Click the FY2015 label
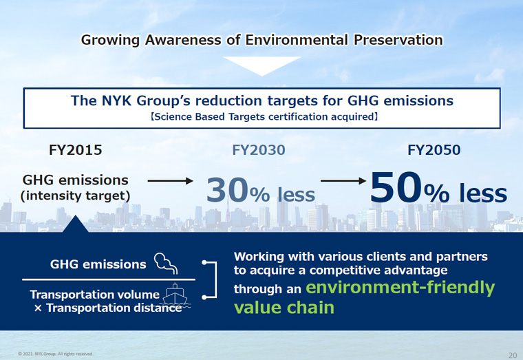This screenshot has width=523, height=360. click(76, 150)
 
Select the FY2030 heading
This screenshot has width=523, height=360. click(259, 150)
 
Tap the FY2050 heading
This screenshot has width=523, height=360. click(434, 150)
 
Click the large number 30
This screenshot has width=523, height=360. click(228, 190)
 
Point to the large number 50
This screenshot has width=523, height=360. click(396, 187)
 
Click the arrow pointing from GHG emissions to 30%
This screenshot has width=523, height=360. click(171, 181)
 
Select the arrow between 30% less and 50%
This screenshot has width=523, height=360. click(343, 181)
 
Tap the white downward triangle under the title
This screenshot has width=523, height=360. click(261, 66)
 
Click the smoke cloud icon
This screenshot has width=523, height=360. click(165, 263)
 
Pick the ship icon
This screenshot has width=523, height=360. click(175, 296)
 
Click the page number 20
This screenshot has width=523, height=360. click(513, 355)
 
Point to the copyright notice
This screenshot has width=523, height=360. click(55, 354)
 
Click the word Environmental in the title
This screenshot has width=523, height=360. click(297, 40)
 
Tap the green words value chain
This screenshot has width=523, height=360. click(284, 307)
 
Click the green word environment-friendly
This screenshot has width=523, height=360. click(401, 288)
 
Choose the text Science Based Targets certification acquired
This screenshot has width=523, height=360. click(264, 117)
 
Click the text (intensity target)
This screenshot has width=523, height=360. click(76, 196)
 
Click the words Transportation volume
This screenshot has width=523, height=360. click(95, 295)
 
